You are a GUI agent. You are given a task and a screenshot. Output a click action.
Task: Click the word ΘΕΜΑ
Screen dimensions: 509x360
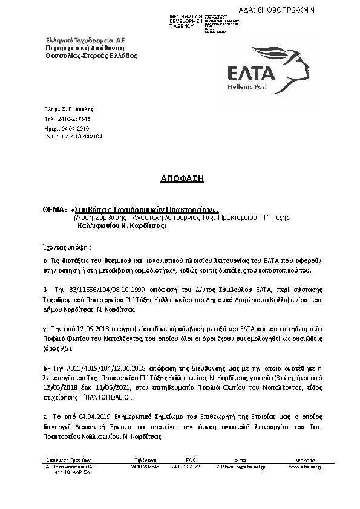coord(53,209)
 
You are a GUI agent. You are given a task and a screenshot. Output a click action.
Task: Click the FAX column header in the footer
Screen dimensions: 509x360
coord(190,460)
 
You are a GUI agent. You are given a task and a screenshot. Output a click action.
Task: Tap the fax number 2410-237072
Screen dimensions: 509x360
coord(185,467)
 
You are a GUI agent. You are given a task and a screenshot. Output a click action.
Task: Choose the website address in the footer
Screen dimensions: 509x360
coord(306,467)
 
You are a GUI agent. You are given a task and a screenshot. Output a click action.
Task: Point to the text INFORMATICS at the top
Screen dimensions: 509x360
coord(186,16)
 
